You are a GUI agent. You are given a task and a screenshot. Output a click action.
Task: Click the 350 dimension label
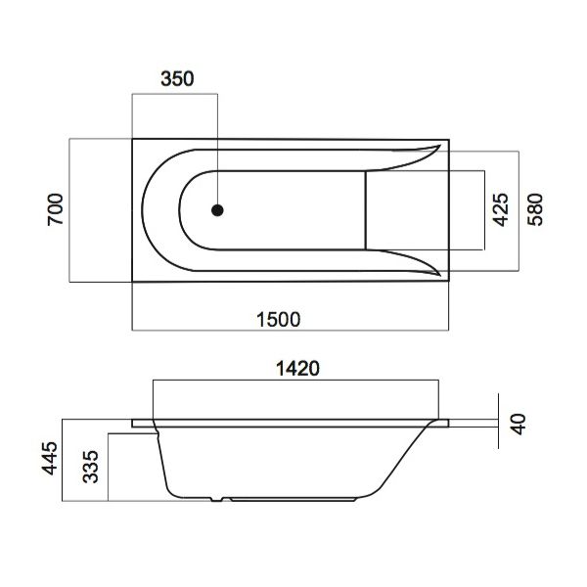point(176,80)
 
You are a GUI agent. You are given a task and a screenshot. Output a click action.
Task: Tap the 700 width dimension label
point(56,211)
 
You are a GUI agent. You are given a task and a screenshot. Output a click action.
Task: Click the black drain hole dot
point(217,210)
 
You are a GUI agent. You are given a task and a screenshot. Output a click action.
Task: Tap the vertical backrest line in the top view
point(366,210)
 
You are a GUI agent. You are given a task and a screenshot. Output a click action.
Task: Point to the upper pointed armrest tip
point(438,147)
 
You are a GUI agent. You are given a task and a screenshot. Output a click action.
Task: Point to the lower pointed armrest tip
point(438,274)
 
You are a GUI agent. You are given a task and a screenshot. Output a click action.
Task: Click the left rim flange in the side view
point(143,423)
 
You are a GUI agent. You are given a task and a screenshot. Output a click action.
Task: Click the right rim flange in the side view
point(440,423)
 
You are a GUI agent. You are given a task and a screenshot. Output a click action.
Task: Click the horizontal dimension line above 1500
point(292,331)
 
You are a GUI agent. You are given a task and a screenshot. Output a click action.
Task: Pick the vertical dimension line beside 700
point(69,211)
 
